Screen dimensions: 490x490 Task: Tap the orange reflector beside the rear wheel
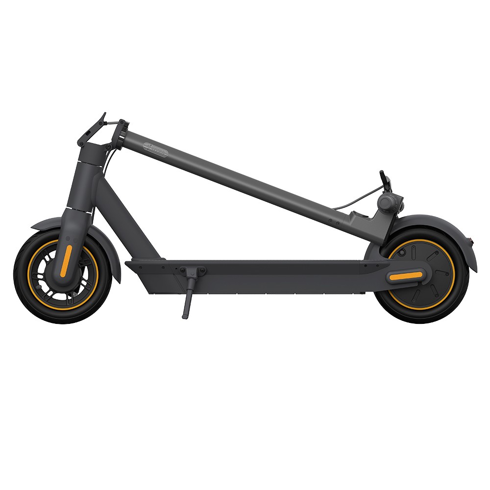[x=405, y=276]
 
